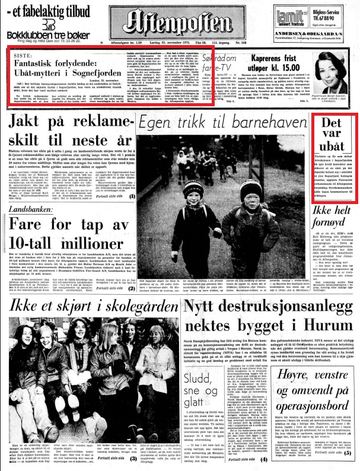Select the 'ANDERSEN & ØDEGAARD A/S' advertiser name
pyautogui.click(x=315, y=42)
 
